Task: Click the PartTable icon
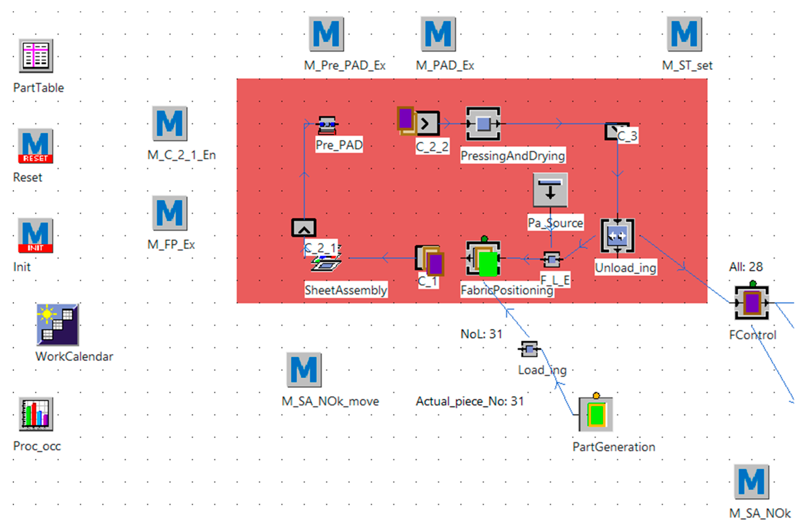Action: (36, 56)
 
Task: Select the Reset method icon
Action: (36, 146)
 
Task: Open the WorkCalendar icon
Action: (58, 325)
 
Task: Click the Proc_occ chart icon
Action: (36, 414)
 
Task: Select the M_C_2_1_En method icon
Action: (170, 124)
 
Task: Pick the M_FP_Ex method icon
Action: (170, 213)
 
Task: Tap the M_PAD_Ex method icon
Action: (438, 34)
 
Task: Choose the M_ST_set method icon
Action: (684, 34)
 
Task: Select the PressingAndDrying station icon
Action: (483, 124)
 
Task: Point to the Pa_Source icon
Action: (550, 190)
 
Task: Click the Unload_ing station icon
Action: (617, 236)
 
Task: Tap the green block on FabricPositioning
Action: (488, 264)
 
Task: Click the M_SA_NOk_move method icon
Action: (304, 370)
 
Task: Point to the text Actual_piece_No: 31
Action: (470, 401)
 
